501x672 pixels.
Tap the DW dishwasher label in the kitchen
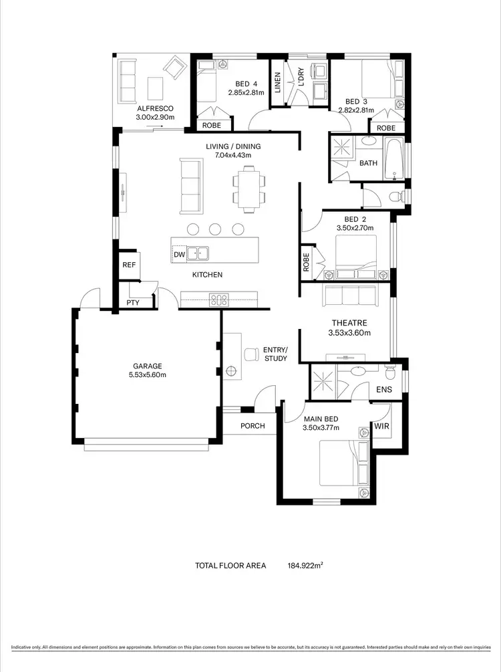(179, 254)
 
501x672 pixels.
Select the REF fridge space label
(129, 265)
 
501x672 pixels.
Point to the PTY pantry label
(133, 303)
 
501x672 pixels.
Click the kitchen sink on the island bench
(197, 253)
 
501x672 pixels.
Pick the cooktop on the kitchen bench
(218, 299)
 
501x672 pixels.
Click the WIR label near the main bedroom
(381, 426)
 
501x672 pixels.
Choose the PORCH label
(253, 426)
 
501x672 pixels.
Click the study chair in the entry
(252, 354)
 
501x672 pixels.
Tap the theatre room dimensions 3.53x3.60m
(349, 332)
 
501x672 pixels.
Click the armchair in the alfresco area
(176, 67)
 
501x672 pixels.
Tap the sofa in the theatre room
(350, 296)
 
